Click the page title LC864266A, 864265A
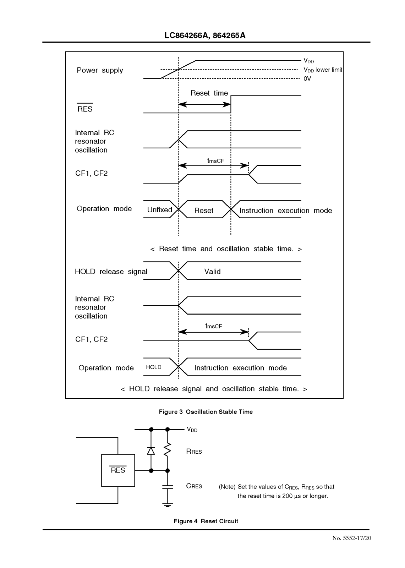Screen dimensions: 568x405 click(205, 35)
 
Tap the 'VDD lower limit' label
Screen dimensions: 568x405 click(323, 70)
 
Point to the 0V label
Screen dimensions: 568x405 click(307, 79)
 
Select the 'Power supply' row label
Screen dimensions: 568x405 click(100, 70)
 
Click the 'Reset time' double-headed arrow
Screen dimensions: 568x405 click(204, 104)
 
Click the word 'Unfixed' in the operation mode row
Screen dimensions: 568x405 click(159, 210)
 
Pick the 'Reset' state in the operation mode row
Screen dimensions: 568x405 click(204, 211)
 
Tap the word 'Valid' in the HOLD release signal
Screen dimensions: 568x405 click(212, 272)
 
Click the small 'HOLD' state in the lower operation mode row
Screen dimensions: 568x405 click(153, 367)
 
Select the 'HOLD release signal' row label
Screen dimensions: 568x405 click(111, 272)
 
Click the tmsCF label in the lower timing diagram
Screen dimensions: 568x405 click(214, 326)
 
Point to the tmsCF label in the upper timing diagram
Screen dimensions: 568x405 click(215, 160)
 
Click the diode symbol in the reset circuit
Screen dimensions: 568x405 click(151, 450)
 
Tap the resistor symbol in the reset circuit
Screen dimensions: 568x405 click(168, 449)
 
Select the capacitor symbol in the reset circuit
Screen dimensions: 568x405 click(168, 487)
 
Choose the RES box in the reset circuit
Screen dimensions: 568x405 click(118, 470)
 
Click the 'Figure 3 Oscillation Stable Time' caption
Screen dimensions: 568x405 click(206, 412)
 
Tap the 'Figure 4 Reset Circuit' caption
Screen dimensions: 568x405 click(206, 521)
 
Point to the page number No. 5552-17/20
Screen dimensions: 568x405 click(351, 538)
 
